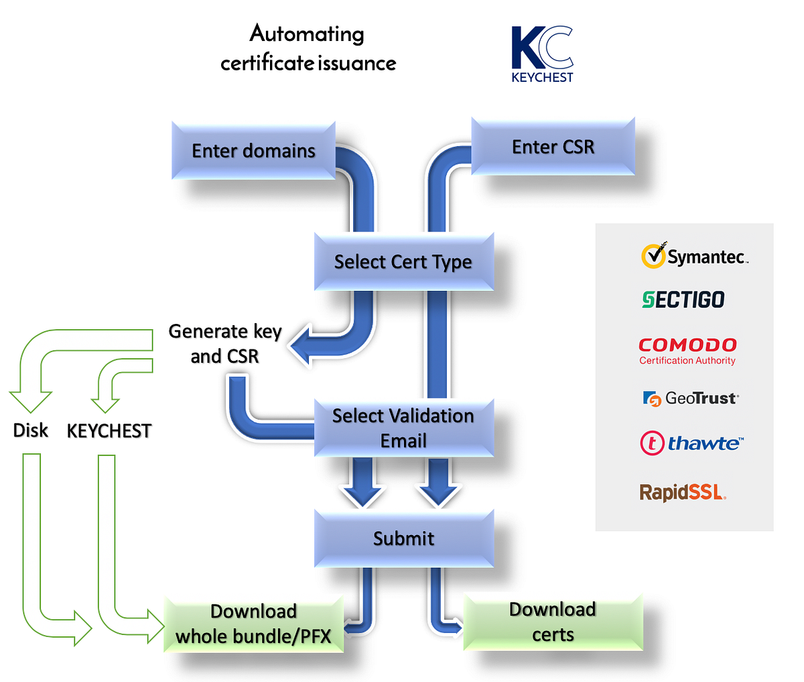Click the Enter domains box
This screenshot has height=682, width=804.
point(253,150)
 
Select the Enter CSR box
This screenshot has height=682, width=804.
point(553,147)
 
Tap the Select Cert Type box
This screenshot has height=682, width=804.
point(403,262)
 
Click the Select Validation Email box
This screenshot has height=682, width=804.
point(403,428)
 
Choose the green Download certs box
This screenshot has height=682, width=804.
point(553,622)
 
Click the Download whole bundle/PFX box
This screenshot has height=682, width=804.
point(253,624)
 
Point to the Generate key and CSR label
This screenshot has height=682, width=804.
point(225,343)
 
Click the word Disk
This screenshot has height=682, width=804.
point(31,430)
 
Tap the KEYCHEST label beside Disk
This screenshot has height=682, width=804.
point(109,431)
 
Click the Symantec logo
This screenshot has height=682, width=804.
point(693,256)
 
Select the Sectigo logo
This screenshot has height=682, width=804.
point(683,299)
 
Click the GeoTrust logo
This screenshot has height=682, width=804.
point(690,398)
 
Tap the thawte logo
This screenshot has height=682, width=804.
point(691,443)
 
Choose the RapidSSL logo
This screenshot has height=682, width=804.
point(683,492)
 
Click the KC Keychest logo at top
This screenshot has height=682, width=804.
point(542,54)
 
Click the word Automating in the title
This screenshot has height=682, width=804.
point(307,34)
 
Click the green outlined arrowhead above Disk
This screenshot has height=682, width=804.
point(31,400)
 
